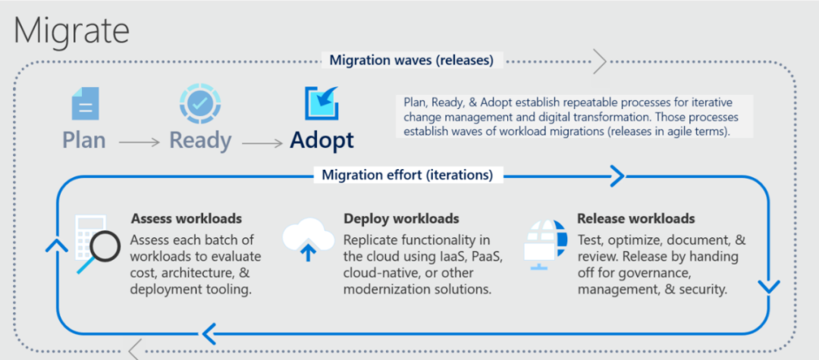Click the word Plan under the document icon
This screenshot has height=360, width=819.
click(x=83, y=140)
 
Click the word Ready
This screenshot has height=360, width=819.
click(x=200, y=140)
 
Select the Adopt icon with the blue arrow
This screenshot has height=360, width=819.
click(x=322, y=104)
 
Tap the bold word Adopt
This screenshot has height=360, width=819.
click(x=322, y=140)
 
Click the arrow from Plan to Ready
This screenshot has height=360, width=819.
click(x=138, y=142)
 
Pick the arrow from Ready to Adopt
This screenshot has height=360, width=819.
click(x=260, y=142)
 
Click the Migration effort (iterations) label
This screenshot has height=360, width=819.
click(x=407, y=175)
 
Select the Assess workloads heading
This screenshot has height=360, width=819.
click(x=187, y=219)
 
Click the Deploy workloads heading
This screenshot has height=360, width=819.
click(x=401, y=219)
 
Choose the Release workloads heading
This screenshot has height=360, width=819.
click(x=635, y=219)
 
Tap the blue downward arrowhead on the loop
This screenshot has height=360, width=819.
click(x=768, y=288)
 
